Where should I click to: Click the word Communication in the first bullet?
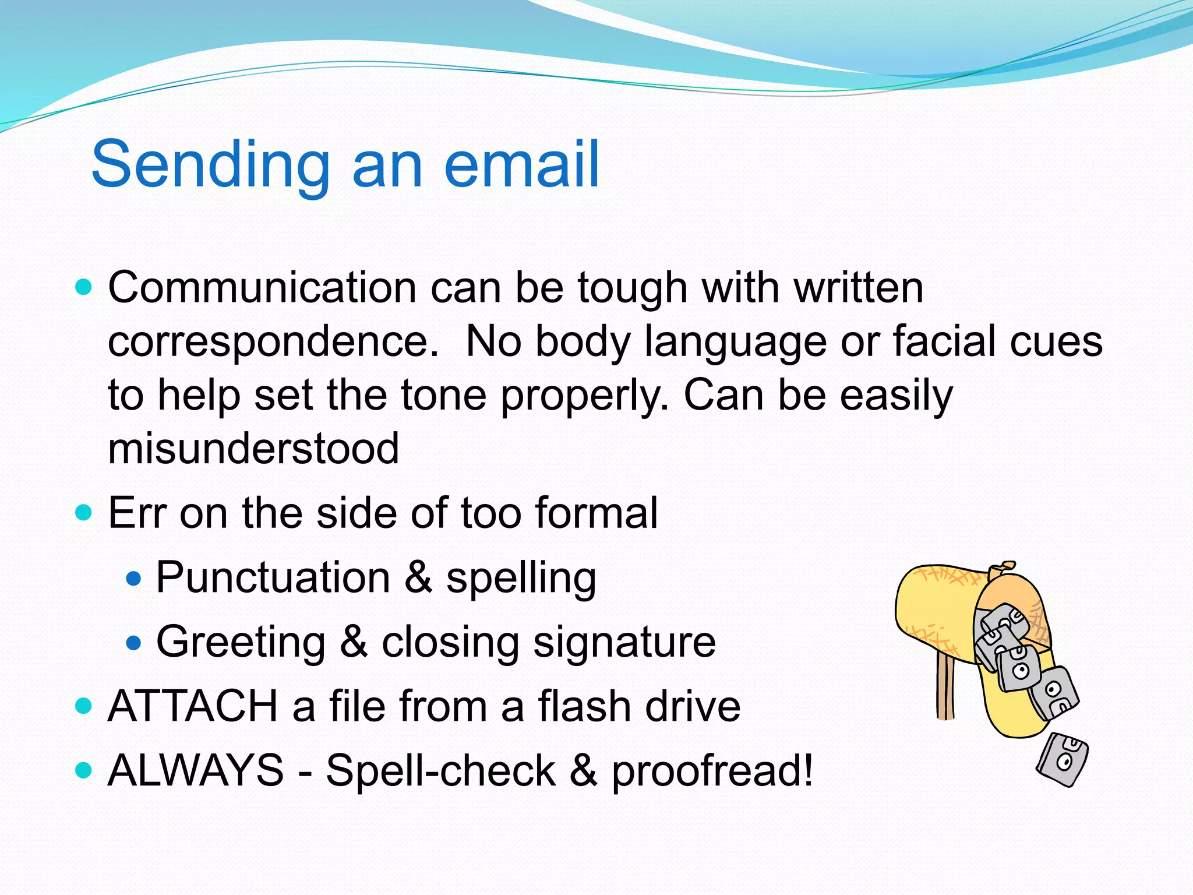(x=262, y=288)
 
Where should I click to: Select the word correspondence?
(x=273, y=342)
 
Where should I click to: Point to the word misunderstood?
(x=253, y=449)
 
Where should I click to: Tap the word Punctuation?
(x=273, y=578)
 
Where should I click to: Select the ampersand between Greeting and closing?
(x=354, y=642)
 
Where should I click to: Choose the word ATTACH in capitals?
(x=193, y=706)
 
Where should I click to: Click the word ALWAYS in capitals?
(x=196, y=770)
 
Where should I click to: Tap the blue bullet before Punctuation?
(x=134, y=579)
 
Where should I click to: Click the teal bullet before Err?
(x=84, y=513)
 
